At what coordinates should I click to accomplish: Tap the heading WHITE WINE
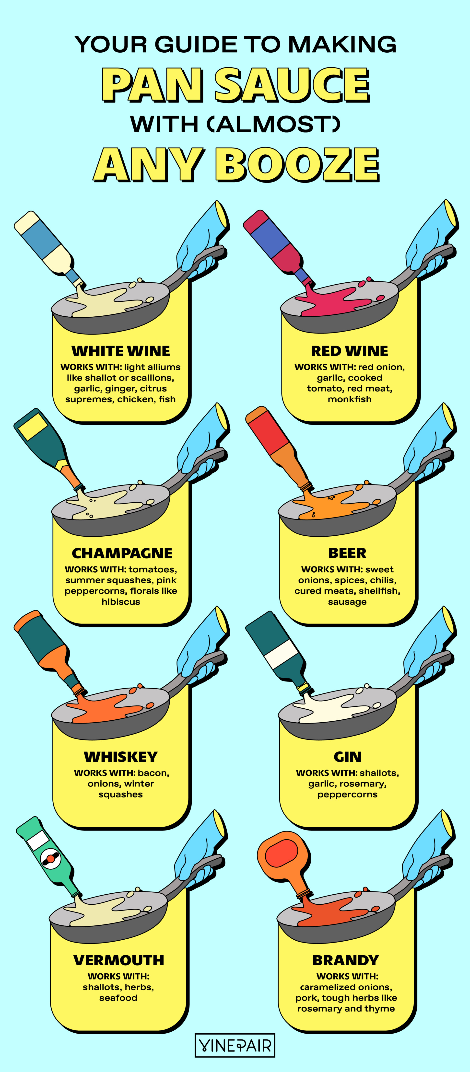(x=121, y=351)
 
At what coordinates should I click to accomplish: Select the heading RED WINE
(x=349, y=351)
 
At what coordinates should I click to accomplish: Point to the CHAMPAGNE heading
(x=122, y=553)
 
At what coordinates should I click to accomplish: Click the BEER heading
(x=347, y=553)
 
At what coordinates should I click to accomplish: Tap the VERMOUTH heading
(x=119, y=960)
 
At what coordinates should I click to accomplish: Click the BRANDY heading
(x=346, y=960)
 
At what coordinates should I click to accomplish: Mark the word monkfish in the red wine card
(x=349, y=399)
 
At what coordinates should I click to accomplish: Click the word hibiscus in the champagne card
(x=121, y=602)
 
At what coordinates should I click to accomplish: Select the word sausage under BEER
(x=347, y=602)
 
